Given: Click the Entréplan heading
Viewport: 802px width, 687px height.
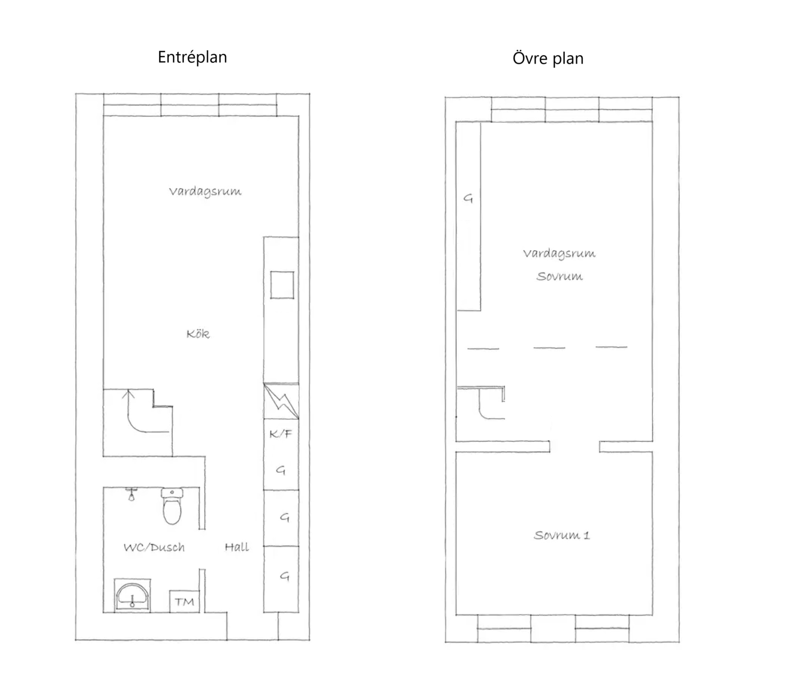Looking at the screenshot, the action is (192, 57).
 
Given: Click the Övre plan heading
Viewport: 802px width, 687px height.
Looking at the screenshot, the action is (548, 58).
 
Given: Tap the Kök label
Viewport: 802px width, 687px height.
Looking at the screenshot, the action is (198, 334).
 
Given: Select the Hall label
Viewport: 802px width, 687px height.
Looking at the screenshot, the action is (237, 547).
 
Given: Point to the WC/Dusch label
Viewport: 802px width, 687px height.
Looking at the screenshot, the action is (154, 547).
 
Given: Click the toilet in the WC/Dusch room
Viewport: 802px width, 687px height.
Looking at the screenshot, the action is (172, 506).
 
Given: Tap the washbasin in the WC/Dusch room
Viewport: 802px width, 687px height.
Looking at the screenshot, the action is (132, 595).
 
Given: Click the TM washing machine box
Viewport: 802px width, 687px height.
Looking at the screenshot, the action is (184, 602).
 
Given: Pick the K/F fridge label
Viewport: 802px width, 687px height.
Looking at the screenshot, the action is (280, 433).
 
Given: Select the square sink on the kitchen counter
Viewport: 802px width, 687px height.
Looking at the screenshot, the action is (282, 285).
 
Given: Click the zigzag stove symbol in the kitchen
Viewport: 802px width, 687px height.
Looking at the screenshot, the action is (281, 401).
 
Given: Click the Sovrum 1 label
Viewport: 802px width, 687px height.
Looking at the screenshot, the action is (562, 535).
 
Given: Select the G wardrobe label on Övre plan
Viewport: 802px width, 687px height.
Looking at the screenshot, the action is (468, 198).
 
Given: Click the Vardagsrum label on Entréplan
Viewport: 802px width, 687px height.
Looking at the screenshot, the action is (205, 192).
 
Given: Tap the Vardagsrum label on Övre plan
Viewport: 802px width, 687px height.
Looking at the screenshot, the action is (559, 254).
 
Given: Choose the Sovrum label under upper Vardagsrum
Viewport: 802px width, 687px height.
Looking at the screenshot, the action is (560, 276).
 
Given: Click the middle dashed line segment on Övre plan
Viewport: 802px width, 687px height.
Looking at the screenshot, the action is (549, 348).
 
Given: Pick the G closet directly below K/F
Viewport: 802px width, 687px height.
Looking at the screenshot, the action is (280, 470).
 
